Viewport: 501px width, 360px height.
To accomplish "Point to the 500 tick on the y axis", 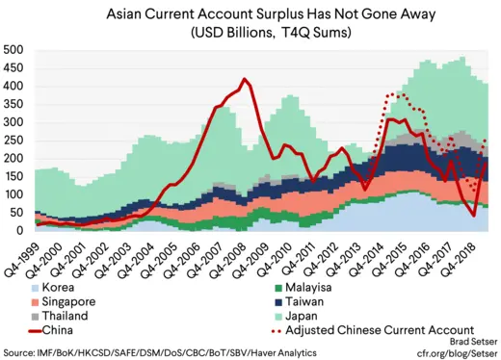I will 13,50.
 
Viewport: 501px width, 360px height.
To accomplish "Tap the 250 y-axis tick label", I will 13,141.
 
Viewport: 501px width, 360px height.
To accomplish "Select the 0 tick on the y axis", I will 20,231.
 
